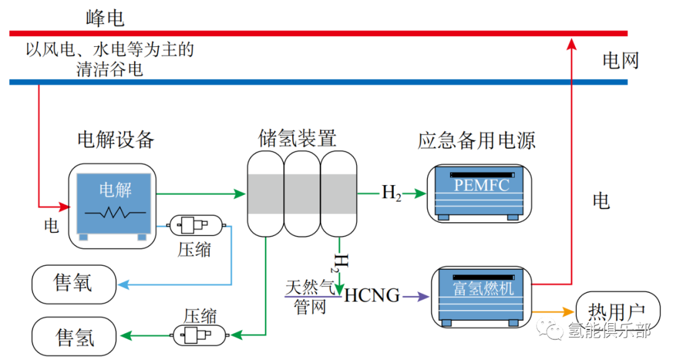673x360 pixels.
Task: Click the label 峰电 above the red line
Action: [x=105, y=18]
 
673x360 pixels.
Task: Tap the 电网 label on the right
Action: [x=621, y=60]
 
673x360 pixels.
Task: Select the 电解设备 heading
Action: [x=116, y=140]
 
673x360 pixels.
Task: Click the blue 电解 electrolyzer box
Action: [x=114, y=203]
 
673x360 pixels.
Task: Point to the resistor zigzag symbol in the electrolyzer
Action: [x=115, y=212]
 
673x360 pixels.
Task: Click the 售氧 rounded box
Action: [x=74, y=284]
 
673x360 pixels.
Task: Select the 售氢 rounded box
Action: [x=74, y=336]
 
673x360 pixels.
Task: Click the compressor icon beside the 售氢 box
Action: [x=200, y=335]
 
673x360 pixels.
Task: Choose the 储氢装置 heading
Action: [x=297, y=138]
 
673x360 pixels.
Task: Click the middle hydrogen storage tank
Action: [x=302, y=194]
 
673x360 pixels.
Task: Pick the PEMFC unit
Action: [x=479, y=194]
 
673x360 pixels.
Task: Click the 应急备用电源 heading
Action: [x=477, y=141]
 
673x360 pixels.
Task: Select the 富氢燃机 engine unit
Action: [x=482, y=297]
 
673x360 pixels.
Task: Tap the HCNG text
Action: [x=371, y=296]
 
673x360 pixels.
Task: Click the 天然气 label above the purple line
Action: [x=310, y=287]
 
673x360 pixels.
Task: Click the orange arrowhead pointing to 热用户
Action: [x=569, y=312]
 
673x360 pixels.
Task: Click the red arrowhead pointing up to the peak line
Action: [x=571, y=44]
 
